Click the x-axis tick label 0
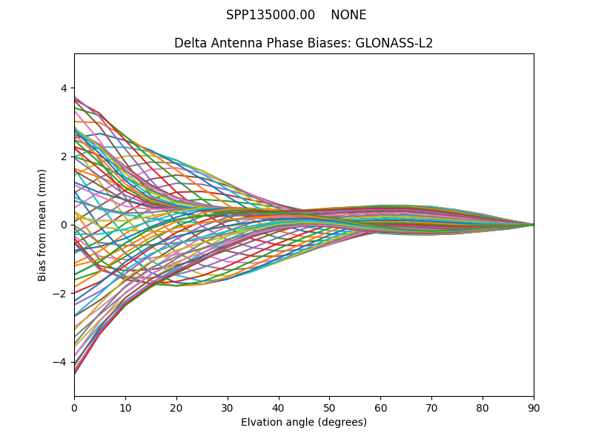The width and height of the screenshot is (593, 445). (74, 407)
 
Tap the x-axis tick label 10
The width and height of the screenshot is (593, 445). (125, 407)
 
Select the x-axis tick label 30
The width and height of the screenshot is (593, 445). (228, 407)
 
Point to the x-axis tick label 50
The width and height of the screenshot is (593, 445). (329, 407)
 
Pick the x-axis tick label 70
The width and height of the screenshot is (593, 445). (431, 407)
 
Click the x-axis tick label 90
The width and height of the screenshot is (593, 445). (534, 407)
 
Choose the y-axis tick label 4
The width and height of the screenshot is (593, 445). (64, 88)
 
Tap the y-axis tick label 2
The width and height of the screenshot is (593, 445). (64, 156)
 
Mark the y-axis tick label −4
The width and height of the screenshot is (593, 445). (61, 362)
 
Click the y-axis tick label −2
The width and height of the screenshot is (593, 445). (61, 294)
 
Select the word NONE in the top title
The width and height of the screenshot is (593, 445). (348, 15)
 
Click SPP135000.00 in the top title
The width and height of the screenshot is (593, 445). (271, 15)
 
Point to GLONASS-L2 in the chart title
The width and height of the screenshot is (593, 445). (397, 43)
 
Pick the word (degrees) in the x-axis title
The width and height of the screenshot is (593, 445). (341, 423)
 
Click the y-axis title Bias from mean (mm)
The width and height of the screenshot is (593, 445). (43, 225)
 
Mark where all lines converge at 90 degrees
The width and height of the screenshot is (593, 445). (534, 225)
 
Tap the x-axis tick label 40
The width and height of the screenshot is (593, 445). (279, 407)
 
